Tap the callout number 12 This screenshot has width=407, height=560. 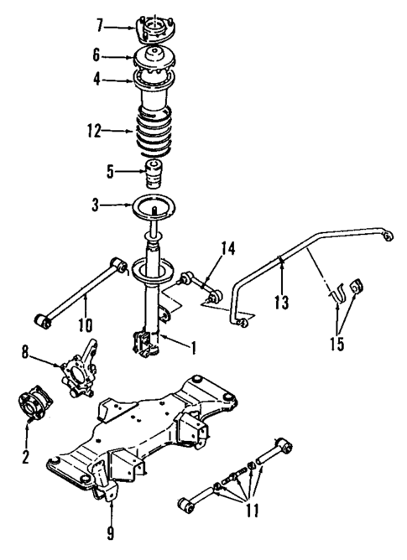[92, 131]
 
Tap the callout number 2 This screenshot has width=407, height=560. [26, 457]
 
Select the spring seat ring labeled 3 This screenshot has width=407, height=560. [152, 205]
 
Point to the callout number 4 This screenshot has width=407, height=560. [100, 81]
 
